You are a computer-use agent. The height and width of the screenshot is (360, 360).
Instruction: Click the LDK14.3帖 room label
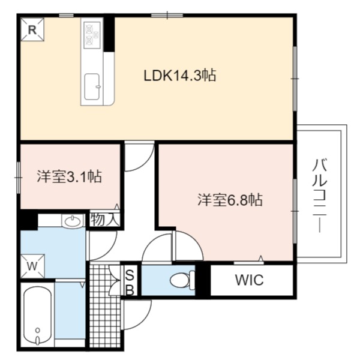pos(180,76)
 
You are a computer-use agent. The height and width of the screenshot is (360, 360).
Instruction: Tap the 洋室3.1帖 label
pos(69,176)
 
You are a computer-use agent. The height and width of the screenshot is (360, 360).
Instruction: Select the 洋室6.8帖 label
pos(230,200)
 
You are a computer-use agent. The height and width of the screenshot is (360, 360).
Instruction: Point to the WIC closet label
pos(250,280)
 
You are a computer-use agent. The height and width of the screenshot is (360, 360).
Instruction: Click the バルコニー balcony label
pos(319,196)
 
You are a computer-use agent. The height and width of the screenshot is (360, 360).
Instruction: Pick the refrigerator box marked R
pos(32,29)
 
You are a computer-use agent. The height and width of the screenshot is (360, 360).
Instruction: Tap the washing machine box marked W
pos(32,266)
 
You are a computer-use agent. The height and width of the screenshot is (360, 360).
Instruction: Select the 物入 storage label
pos(105,220)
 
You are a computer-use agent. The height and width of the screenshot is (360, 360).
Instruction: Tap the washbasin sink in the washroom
pos(73,221)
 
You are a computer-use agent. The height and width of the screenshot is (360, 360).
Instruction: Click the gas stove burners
pos(92,35)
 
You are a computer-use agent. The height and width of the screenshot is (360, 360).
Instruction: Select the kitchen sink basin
pos(92,87)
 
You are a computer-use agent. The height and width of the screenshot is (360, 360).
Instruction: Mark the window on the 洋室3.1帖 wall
pos(19,178)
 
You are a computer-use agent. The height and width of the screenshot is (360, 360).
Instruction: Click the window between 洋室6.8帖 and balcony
pos(295,211)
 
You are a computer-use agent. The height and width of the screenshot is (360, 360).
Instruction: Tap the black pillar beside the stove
pos(109,34)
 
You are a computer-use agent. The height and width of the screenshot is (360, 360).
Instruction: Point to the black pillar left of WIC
pos(203,280)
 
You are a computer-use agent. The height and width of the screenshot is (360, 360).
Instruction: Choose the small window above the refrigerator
pos(66,16)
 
